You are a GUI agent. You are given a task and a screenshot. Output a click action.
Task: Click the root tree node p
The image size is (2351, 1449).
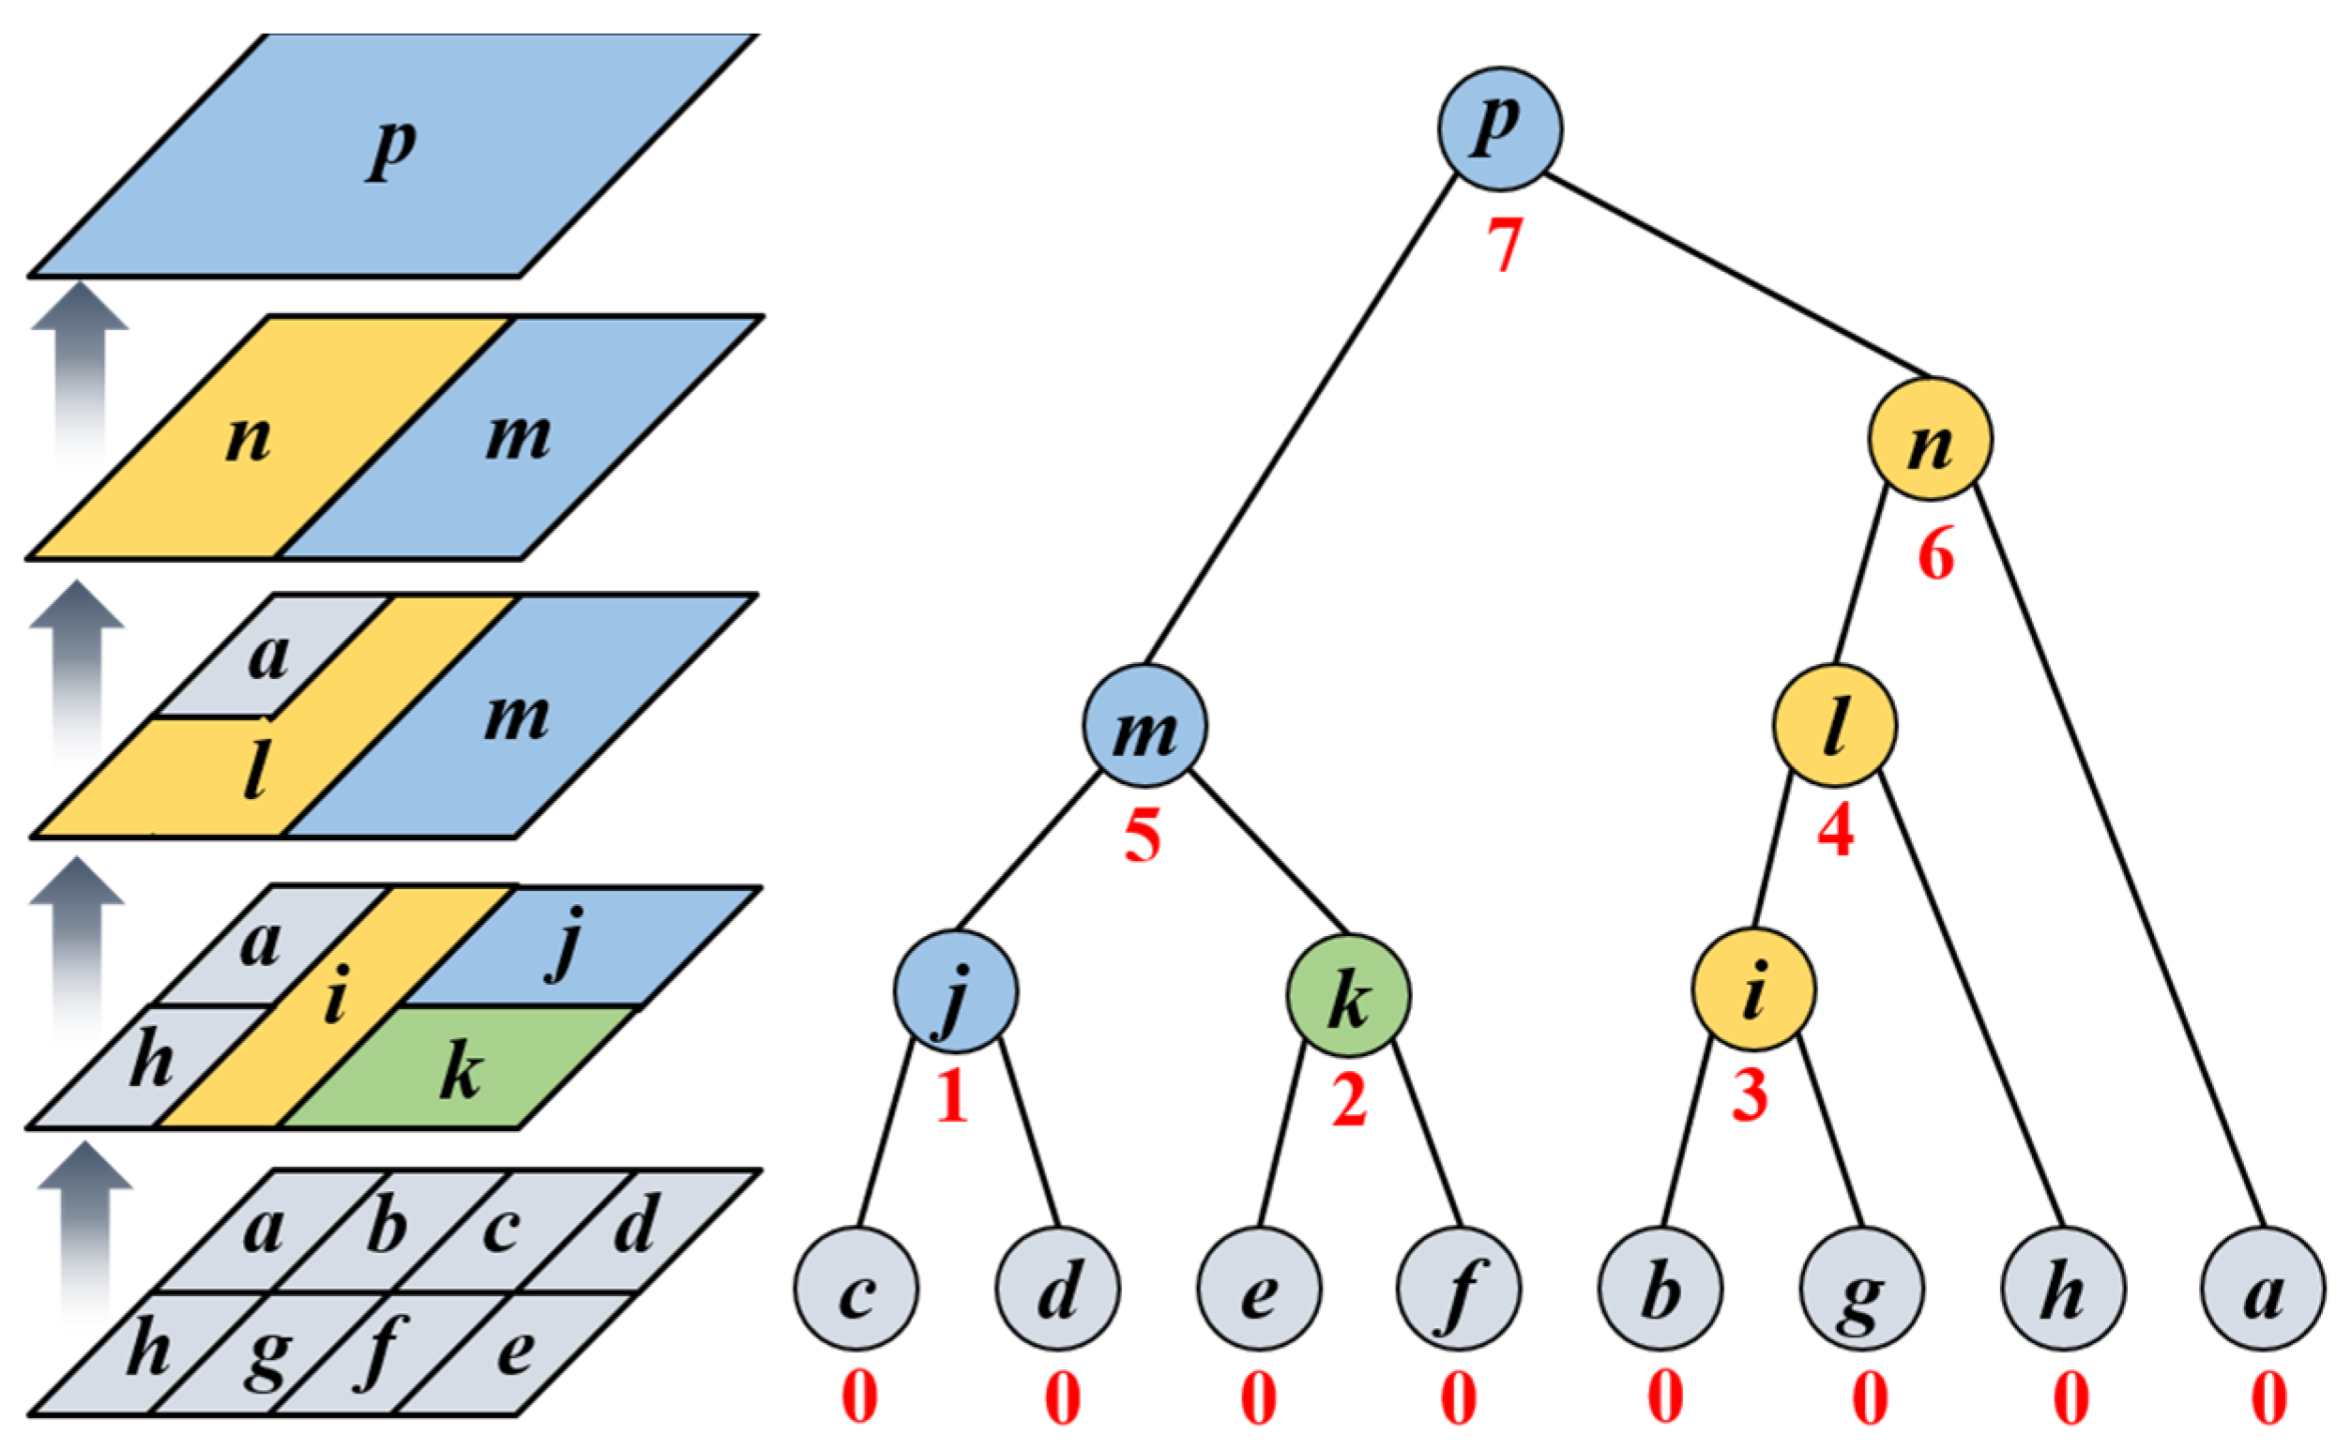click(x=1500, y=128)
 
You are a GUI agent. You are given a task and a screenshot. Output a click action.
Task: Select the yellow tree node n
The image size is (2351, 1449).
click(x=1931, y=439)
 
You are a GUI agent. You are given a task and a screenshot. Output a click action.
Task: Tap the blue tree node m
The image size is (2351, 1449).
click(x=1145, y=726)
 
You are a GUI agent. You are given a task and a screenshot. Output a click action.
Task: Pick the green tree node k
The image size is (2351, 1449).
click(x=1348, y=996)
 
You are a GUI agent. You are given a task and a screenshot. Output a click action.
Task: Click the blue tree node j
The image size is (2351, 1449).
click(x=957, y=991)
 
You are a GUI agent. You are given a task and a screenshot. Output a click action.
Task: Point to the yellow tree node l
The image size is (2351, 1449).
click(x=1834, y=726)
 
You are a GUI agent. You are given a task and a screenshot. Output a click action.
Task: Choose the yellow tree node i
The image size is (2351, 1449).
click(x=1753, y=989)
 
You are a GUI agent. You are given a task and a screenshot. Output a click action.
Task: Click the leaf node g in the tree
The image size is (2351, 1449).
click(x=1861, y=1289)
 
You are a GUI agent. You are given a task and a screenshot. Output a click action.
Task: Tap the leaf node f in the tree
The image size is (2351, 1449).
click(x=1459, y=1289)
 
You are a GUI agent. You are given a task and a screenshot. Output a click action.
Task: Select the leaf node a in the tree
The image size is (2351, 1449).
click(x=2263, y=1289)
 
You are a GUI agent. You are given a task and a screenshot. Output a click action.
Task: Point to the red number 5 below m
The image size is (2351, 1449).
click(x=1143, y=836)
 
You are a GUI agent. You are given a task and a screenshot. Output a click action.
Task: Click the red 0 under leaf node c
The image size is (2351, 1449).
click(x=858, y=1398)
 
